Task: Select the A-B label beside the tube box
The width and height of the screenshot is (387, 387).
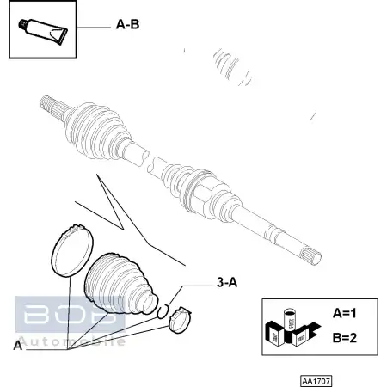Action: pos(127,25)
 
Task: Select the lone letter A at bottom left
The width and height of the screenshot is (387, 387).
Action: pos(17,346)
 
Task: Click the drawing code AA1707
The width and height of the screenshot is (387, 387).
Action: pos(316,380)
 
